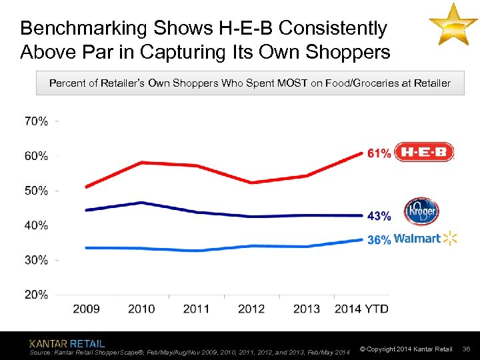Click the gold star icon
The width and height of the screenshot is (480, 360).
453,25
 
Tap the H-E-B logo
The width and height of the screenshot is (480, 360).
424,153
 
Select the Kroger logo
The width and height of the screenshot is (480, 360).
422,211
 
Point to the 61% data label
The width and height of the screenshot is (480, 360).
379,153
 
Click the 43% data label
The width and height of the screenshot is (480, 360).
379,215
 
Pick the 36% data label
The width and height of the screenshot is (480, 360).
379,240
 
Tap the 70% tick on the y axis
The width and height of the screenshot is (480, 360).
36,121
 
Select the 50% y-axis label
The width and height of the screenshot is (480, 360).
36,191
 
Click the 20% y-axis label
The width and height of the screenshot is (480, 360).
36,294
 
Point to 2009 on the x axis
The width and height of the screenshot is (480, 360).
86,309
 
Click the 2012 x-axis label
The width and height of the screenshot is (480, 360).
251,309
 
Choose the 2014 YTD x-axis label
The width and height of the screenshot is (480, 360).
361,309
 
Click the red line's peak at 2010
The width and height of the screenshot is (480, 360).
141,162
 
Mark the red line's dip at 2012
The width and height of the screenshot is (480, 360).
251,182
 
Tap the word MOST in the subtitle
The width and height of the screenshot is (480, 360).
290,84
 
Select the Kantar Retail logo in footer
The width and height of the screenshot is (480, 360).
67,343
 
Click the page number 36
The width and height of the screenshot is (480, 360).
467,349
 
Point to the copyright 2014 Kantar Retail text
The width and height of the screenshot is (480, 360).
406,349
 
